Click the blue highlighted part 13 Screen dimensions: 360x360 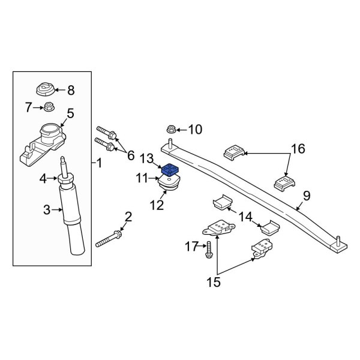171,170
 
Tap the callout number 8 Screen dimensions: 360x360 71,91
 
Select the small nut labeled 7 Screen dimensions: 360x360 48,108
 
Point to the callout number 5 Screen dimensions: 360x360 70,113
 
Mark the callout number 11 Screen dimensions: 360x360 142,178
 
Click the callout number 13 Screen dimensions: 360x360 146,158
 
